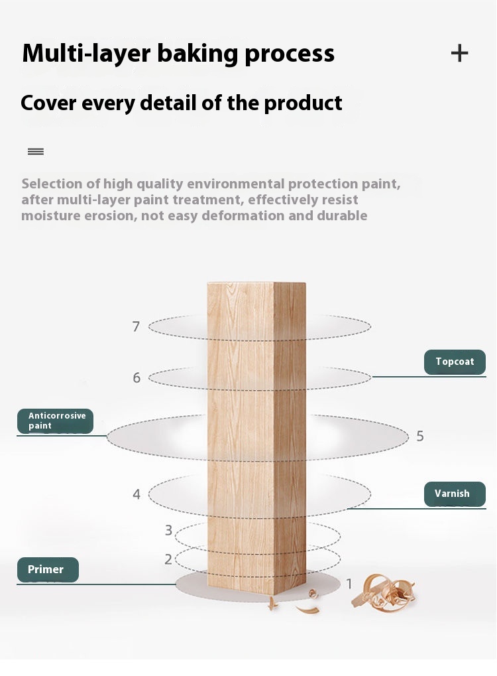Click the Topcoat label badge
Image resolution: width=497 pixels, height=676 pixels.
[x=455, y=362]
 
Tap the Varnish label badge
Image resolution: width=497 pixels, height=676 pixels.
[x=455, y=494]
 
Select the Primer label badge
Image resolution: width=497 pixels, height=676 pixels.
[x=48, y=569]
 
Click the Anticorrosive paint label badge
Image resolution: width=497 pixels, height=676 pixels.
[x=55, y=421]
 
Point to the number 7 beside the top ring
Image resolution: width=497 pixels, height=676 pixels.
[x=136, y=326]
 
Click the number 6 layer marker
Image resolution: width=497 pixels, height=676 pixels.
[x=137, y=377]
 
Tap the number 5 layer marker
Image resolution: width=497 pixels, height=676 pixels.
[x=420, y=436]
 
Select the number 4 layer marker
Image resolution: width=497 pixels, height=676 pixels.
[x=137, y=494]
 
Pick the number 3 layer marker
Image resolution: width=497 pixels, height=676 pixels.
[x=168, y=530]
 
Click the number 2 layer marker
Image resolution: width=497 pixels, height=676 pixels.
[x=168, y=559]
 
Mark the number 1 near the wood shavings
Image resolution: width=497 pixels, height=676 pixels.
[x=349, y=584]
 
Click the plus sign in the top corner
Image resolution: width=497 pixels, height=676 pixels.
[x=459, y=53]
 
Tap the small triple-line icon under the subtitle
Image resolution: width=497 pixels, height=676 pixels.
[x=36, y=151]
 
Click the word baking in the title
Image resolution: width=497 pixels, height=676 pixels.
[x=197, y=54]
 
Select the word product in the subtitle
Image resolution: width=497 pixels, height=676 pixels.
[x=304, y=103]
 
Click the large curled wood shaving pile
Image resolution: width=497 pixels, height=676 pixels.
[x=383, y=592]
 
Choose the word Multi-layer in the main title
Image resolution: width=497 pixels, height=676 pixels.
[x=87, y=54]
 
